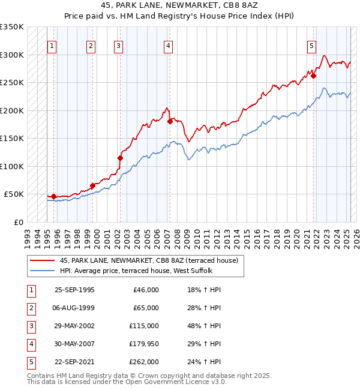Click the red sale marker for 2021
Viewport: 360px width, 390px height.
(x=313, y=76)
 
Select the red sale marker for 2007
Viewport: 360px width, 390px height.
(x=170, y=121)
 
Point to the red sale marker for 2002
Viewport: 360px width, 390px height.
(x=120, y=158)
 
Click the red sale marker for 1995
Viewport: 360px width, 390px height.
(x=53, y=196)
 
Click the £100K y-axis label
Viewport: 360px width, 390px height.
(x=12, y=166)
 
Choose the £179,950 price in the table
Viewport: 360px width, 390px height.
(x=145, y=344)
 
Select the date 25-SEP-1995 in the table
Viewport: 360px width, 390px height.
(x=74, y=290)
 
